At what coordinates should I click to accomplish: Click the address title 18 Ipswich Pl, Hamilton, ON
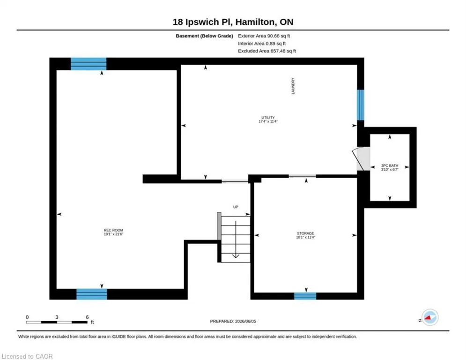pos(233,22)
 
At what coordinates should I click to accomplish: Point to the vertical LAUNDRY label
pos(293,86)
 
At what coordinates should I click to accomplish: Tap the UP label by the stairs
pos(236,207)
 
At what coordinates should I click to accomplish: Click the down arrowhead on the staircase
pos(236,255)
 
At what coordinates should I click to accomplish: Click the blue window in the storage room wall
pos(305,296)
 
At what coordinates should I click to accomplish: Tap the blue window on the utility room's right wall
pos(361,105)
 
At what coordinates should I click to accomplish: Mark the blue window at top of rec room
pos(89,64)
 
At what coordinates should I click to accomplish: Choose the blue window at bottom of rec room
pos(91,294)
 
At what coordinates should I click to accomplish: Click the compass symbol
pos(430,317)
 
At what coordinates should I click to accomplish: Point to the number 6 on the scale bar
pos(88,317)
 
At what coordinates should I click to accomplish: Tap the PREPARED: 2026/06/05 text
pos(233,321)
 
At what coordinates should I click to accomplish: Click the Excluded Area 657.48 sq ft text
pos(267,51)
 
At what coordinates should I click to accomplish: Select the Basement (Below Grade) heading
pos(205,36)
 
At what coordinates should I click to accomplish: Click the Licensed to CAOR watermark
pos(27,356)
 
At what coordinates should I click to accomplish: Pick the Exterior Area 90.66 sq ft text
pos(264,36)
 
